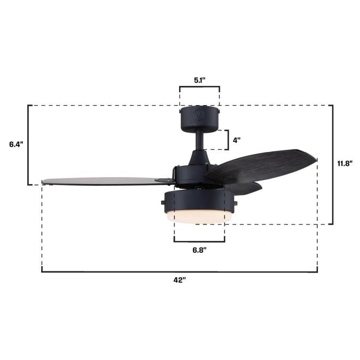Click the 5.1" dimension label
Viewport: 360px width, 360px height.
(x=199, y=81)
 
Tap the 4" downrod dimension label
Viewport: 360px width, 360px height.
(x=236, y=140)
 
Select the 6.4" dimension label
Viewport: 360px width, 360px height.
(x=17, y=145)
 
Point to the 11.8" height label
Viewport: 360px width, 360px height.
(x=345, y=164)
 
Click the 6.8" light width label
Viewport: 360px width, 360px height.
(x=199, y=250)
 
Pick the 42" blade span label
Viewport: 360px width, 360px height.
(x=179, y=280)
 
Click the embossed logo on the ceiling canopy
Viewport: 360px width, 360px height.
(x=199, y=115)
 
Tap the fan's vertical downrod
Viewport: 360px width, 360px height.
(x=199, y=140)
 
